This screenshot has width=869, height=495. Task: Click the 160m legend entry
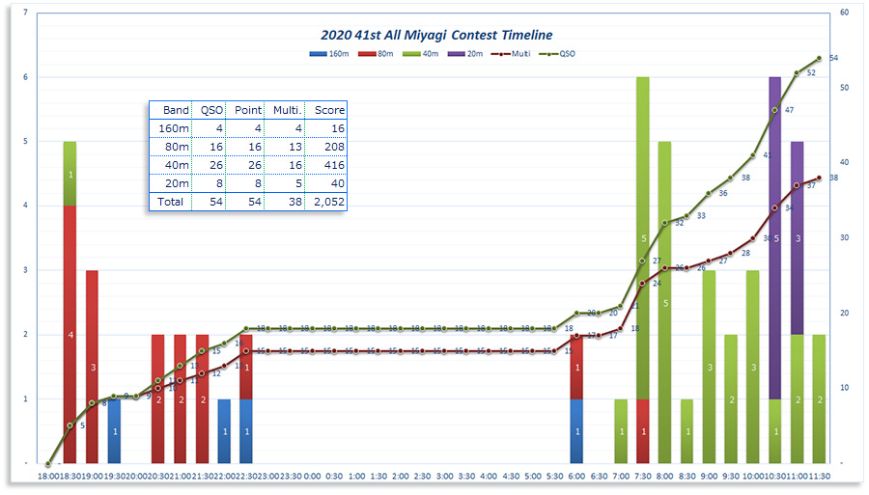pyautogui.click(x=332, y=55)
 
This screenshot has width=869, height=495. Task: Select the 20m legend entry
pyautogui.click(x=470, y=55)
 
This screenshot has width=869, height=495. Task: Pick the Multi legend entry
pyautogui.click(x=513, y=55)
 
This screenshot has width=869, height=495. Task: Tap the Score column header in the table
pyautogui.click(x=329, y=110)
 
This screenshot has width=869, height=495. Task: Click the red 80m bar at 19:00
pyautogui.click(x=92, y=367)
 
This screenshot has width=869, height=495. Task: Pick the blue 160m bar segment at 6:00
pyautogui.click(x=576, y=430)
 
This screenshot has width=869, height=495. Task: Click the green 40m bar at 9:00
pyautogui.click(x=709, y=367)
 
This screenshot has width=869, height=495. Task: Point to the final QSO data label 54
pyautogui.click(x=833, y=58)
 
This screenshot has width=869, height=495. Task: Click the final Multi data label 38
pyautogui.click(x=833, y=178)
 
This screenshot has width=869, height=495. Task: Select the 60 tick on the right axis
pyautogui.click(x=844, y=13)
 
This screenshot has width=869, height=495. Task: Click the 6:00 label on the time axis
pyautogui.click(x=576, y=476)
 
